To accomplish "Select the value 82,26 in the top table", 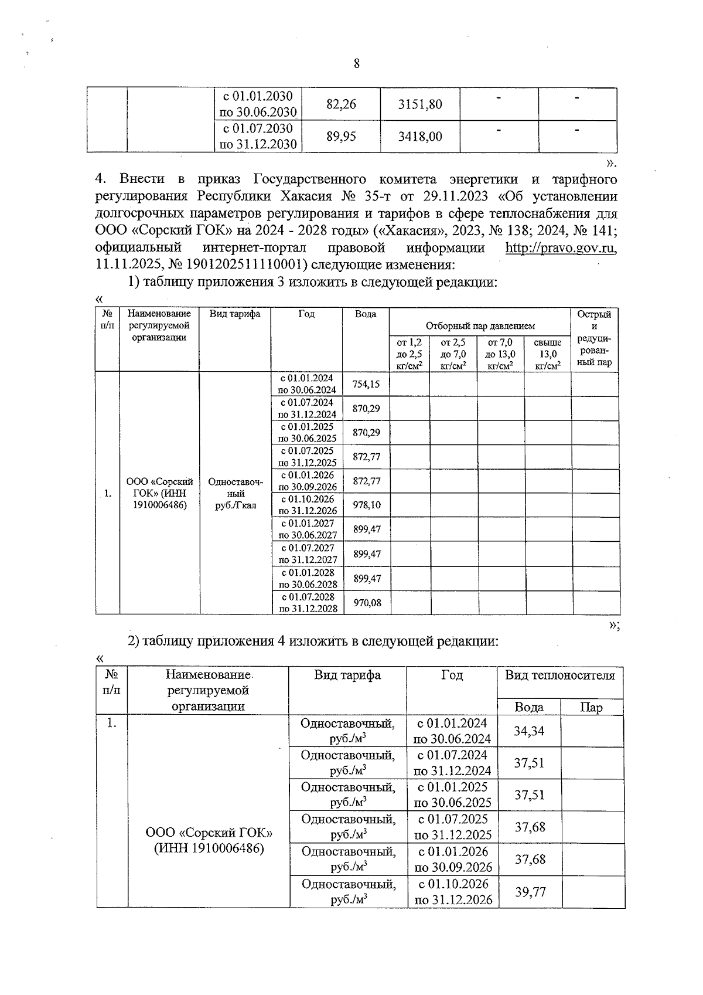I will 341,104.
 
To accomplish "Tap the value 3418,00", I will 420,137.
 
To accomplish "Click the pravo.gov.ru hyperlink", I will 561,248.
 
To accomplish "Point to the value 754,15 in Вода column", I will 366,384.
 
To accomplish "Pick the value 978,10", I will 367,505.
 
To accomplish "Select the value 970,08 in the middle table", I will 367,602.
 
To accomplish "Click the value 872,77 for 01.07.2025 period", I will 367,456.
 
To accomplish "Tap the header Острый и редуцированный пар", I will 594,338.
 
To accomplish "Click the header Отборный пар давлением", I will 480,326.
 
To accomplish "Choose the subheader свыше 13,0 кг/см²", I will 547,354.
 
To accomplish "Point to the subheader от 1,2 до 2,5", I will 409,354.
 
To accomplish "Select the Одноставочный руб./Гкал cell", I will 236,493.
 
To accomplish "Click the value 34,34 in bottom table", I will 529,731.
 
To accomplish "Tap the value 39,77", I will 530,892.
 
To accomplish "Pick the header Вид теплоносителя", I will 559,675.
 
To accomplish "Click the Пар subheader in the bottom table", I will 591,707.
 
